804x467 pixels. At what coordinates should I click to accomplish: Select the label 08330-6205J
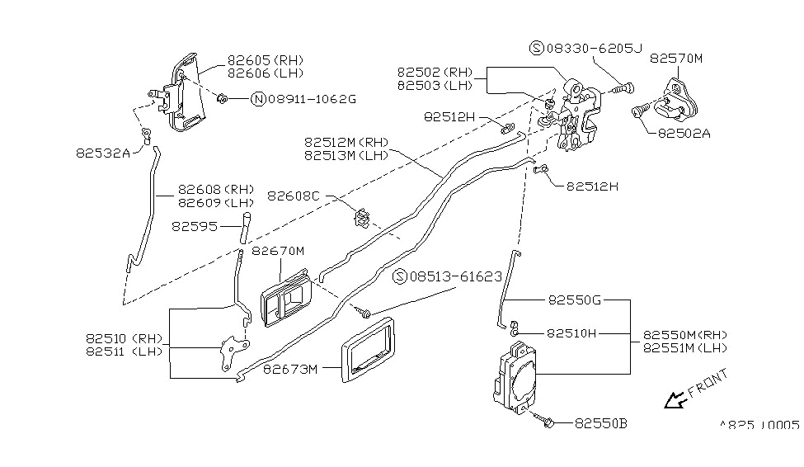[592, 49]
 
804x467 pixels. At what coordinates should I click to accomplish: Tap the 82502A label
[684, 132]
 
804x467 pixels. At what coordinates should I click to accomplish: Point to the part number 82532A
[103, 152]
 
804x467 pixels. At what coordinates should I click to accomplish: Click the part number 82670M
[278, 251]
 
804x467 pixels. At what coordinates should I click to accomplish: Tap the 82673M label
[290, 369]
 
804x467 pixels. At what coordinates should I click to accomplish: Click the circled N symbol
[258, 99]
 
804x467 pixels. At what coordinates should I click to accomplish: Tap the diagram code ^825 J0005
[759, 425]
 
